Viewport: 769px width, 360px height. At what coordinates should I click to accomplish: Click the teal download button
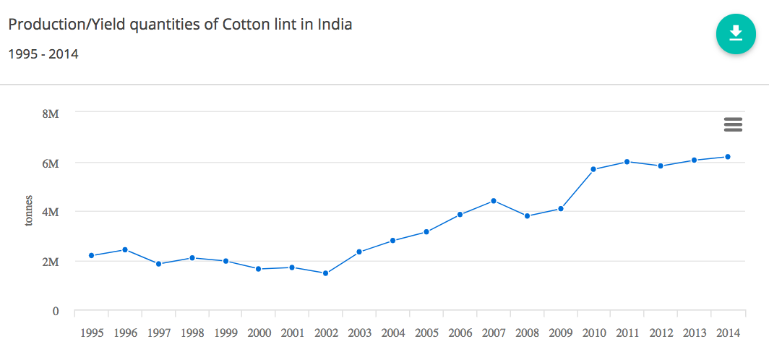(x=736, y=33)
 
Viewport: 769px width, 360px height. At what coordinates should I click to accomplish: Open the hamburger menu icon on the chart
(x=733, y=124)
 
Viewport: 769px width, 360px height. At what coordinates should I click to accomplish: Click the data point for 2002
(x=326, y=273)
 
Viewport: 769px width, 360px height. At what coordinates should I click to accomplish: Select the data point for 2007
(x=494, y=200)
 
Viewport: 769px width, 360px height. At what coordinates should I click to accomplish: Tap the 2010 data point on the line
(x=593, y=169)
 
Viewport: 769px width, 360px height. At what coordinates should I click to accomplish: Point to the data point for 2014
(x=728, y=157)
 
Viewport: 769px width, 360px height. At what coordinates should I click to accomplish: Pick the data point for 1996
(x=125, y=249)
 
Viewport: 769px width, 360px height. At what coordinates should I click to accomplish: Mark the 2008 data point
(x=527, y=216)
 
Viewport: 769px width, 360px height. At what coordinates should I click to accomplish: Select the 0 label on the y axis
(x=55, y=312)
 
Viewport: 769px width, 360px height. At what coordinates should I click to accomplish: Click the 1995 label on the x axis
(x=92, y=333)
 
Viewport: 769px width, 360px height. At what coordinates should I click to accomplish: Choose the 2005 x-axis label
(x=426, y=333)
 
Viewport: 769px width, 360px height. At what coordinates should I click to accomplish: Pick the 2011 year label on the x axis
(x=627, y=333)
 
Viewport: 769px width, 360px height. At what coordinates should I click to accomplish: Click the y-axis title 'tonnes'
(x=29, y=210)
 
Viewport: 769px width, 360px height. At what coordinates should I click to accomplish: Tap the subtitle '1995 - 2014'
(x=43, y=53)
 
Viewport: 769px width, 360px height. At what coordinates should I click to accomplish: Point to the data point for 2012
(x=661, y=166)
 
